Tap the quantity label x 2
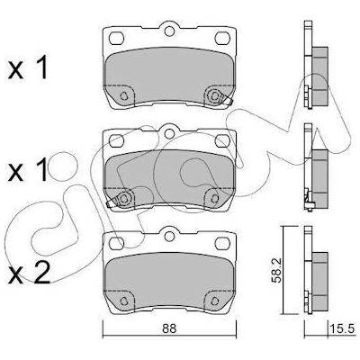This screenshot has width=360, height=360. pyautogui.click(x=30, y=274)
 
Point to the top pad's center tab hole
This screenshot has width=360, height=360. pyautogui.click(x=169, y=31)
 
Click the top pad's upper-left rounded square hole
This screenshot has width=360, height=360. pyautogui.click(x=116, y=38)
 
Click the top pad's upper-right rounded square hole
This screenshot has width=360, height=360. pyautogui.click(x=222, y=38)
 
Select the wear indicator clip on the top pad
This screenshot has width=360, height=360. pyautogui.click(x=219, y=96)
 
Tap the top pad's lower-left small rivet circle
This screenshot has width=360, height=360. pyautogui.click(x=123, y=96)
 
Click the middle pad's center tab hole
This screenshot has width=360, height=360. pyautogui.click(x=169, y=133)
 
